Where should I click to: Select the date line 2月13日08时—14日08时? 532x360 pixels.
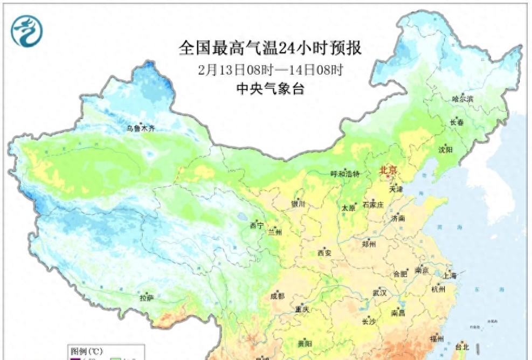[x=270, y=70]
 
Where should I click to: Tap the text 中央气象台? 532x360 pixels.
[x=270, y=89]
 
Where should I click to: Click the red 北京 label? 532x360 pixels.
[x=388, y=171]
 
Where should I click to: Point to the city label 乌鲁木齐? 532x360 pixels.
[x=141, y=128]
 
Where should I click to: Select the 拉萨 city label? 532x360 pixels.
[x=147, y=297]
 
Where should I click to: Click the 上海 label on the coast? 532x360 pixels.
[x=450, y=275]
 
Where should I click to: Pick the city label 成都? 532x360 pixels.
[x=278, y=296]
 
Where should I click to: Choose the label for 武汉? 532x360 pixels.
[x=379, y=293]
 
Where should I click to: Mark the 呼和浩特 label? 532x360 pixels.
[x=344, y=174]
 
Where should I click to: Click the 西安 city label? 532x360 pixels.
[x=324, y=253]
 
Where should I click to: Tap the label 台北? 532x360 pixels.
[x=463, y=346]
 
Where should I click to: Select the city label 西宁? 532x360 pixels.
[x=257, y=226]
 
